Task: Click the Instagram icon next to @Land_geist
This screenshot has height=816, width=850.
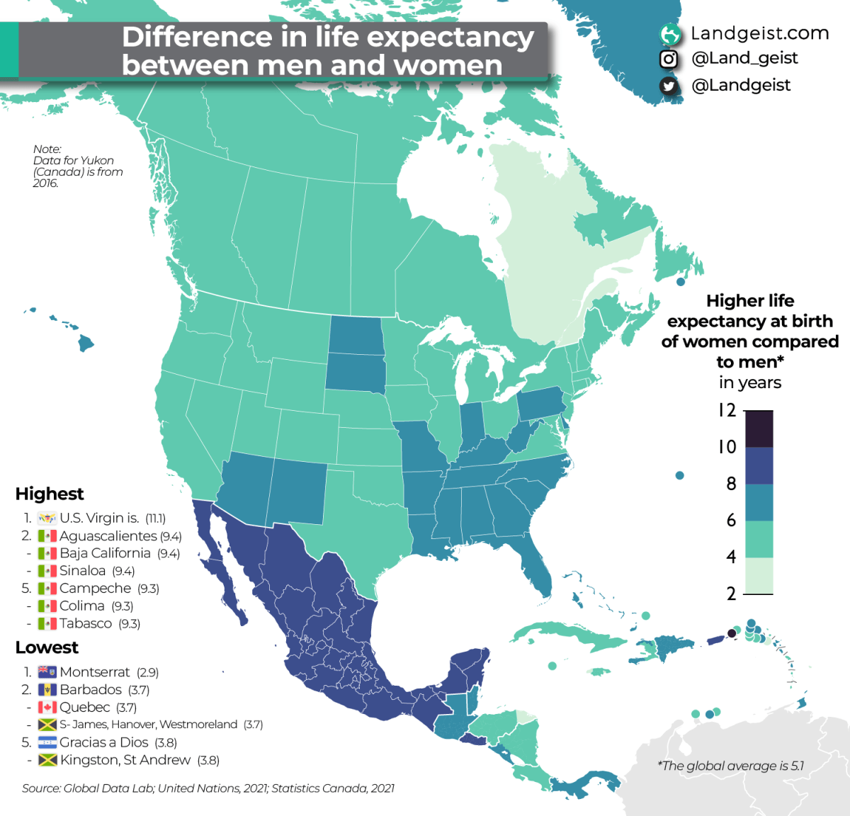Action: click(668, 59)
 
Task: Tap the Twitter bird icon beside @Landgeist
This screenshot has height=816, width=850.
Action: click(668, 86)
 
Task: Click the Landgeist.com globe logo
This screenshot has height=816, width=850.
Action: click(669, 33)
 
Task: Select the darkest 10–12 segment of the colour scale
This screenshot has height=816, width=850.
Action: click(759, 429)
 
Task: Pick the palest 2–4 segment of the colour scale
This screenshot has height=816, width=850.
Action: click(759, 575)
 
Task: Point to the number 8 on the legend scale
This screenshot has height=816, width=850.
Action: click(731, 484)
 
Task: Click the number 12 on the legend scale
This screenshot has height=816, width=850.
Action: click(727, 410)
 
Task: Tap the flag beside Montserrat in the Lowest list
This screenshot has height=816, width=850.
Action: click(47, 671)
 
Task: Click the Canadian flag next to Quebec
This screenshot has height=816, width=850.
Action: click(47, 707)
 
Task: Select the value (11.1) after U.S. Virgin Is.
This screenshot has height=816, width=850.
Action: click(155, 518)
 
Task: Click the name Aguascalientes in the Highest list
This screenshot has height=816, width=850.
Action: click(108, 536)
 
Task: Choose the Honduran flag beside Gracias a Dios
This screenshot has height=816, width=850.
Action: click(47, 742)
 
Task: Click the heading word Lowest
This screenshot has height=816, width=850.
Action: click(47, 647)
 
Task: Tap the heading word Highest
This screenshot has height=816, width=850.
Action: click(50, 494)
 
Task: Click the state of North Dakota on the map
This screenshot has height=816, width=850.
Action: click(356, 334)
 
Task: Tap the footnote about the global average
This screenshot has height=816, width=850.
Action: click(731, 766)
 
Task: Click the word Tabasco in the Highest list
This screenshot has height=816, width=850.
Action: click(86, 623)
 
